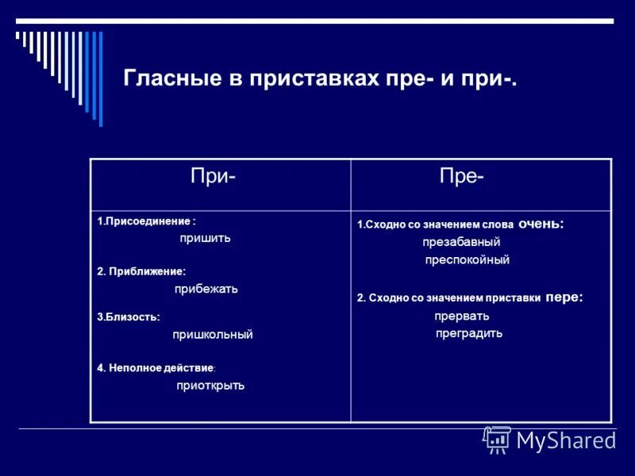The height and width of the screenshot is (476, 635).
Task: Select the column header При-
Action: [212, 177]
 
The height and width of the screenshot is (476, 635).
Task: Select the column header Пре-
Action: [462, 177]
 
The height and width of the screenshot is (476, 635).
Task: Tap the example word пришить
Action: [205, 238]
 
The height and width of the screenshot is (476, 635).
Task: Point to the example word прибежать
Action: [207, 289]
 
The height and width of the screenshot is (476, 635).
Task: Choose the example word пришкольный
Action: [213, 335]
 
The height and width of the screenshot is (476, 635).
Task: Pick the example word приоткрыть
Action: [210, 386]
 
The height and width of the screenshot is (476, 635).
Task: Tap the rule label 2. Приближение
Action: [141, 271]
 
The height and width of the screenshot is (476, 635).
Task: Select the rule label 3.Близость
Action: [129, 317]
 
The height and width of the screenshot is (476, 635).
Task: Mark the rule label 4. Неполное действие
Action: [156, 368]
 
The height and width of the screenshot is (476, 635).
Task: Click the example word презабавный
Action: [461, 242]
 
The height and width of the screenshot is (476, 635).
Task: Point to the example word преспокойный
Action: [467, 259]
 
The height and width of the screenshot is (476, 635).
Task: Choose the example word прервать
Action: [461, 315]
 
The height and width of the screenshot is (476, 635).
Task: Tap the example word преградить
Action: [469, 333]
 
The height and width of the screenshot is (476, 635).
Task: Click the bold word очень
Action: [541, 225]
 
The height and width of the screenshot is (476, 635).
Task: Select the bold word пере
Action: [564, 297]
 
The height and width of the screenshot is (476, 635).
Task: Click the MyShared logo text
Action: [566, 440]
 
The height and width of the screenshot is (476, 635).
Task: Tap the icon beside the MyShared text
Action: [497, 440]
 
